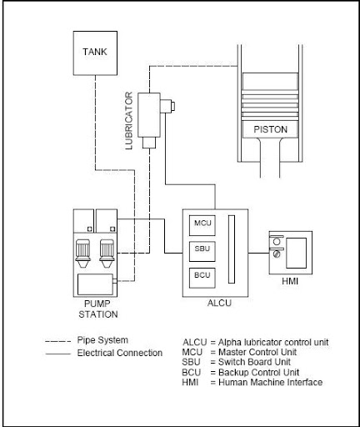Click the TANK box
coord(95,53)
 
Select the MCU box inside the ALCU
coord(202,225)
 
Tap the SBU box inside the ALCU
coord(202,251)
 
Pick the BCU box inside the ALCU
coord(202,278)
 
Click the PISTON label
coord(270,129)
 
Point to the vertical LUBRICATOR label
coord(129,121)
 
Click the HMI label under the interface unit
coord(290,281)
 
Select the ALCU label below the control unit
coord(219,303)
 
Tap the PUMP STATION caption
coord(98,309)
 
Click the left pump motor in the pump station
coord(83,254)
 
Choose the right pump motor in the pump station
coord(107,254)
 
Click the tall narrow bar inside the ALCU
coord(232,249)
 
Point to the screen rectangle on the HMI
coord(297,253)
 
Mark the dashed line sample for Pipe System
coord(58,341)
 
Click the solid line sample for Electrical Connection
coord(58,354)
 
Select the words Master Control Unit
coord(257,352)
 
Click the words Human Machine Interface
coord(271,382)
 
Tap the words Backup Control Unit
coord(258,372)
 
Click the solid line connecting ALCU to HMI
coord(258,254)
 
